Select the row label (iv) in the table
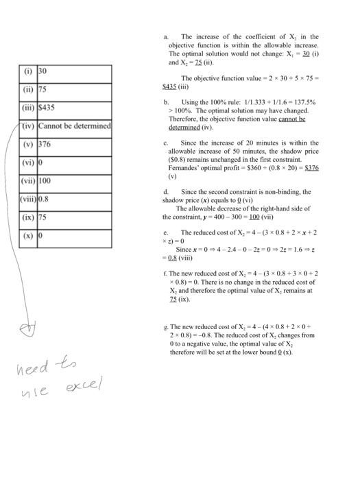click(x=28, y=126)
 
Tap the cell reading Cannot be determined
click(x=74, y=126)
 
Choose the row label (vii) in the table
click(x=28, y=181)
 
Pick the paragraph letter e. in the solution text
click(x=165, y=232)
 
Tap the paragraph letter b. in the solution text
click(x=166, y=101)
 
